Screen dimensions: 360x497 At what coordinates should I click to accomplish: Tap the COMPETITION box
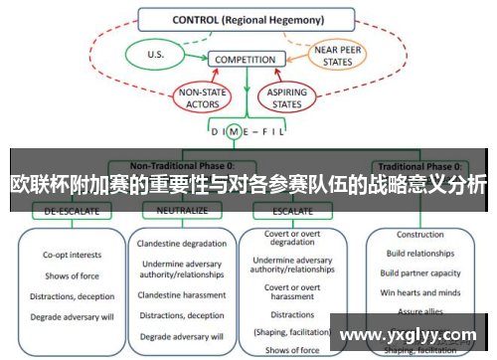pos(245,60)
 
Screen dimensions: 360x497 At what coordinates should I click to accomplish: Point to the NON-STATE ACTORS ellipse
pos(202,96)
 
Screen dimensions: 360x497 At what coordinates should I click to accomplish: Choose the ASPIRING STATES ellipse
pos(282,96)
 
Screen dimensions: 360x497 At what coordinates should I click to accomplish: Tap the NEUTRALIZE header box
pos(182,211)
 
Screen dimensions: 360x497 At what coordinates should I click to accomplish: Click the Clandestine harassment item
pos(182,294)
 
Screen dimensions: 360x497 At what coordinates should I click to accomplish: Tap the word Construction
pos(419,235)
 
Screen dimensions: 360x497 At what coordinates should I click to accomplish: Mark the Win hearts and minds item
pos(419,292)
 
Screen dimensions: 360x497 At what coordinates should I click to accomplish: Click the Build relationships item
pos(419,254)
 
